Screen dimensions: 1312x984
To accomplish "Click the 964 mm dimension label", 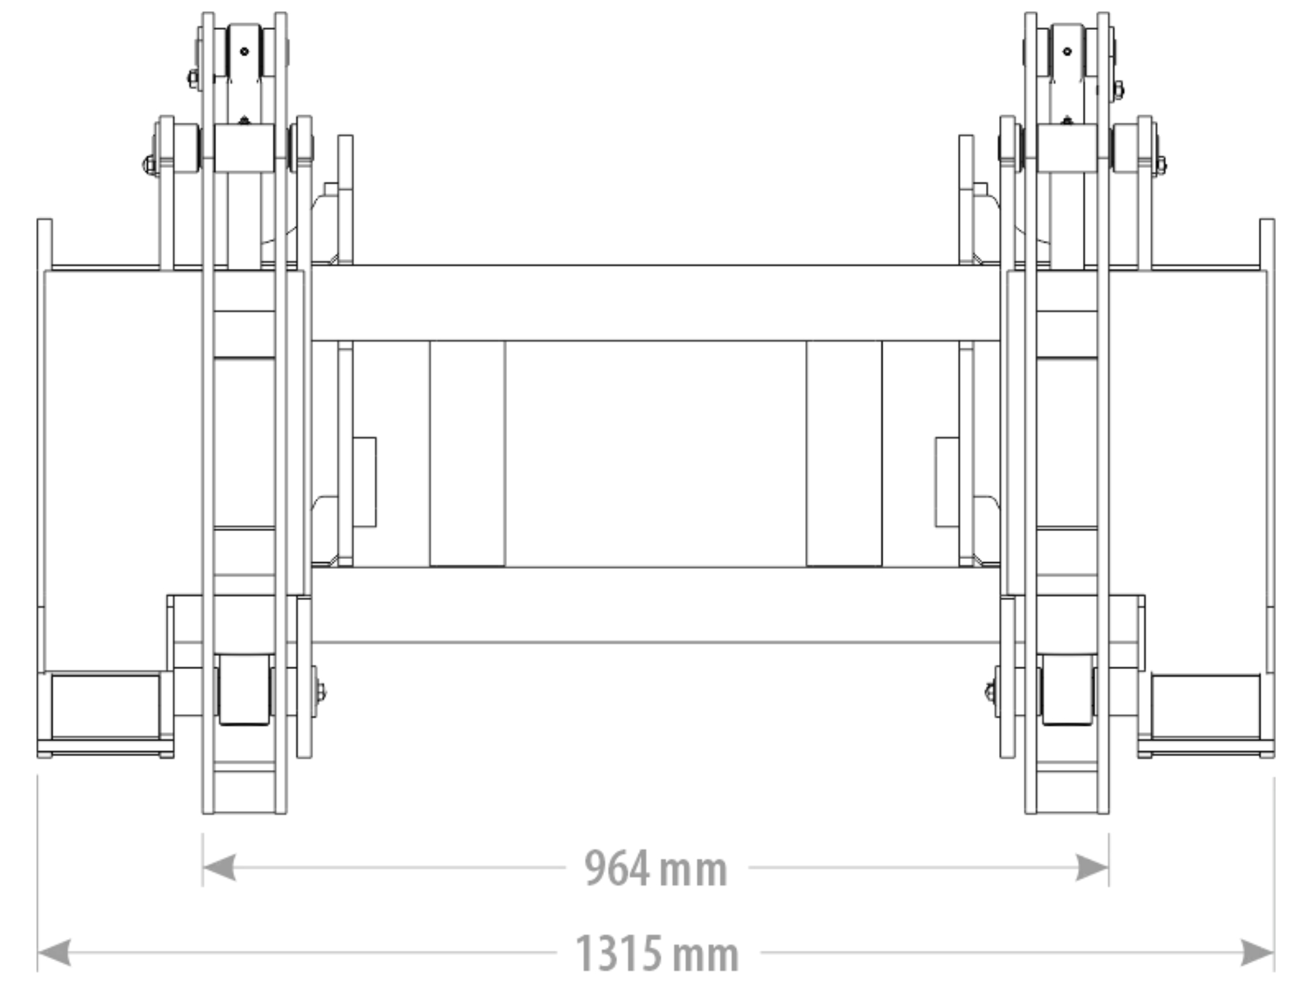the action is click(655, 869).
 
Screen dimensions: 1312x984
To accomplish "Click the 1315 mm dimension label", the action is click(657, 954).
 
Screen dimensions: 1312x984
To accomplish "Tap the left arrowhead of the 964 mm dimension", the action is click(219, 868).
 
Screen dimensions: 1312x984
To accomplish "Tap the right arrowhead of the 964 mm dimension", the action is click(1092, 868).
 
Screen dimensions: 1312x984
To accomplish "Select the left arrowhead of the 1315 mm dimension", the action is click(54, 953).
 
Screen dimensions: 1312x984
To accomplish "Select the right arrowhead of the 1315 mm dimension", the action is click(1257, 953).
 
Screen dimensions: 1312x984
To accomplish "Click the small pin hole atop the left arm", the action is click(244, 51).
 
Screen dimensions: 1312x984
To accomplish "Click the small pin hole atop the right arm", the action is click(1067, 51).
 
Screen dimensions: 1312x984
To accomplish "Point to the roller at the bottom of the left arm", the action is click(244, 690).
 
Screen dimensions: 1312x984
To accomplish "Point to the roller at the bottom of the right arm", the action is click(1067, 690).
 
